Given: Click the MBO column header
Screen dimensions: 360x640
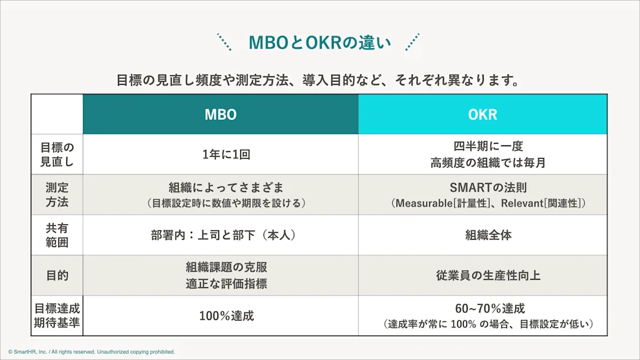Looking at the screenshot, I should pyautogui.click(x=220, y=115).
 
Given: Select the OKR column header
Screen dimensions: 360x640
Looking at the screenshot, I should pyautogui.click(x=483, y=115).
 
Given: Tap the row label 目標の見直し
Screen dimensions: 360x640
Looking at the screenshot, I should pyautogui.click(x=57, y=154).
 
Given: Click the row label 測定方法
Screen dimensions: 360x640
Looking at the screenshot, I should pyautogui.click(x=57, y=194).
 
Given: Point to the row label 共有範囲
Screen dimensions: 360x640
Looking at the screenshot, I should pyautogui.click(x=57, y=235).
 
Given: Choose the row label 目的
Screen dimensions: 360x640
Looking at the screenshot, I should pyautogui.click(x=57, y=275).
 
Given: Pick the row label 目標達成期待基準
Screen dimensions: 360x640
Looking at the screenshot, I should pyautogui.click(x=57, y=315).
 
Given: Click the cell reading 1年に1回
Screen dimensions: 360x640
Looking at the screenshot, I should pyautogui.click(x=220, y=154).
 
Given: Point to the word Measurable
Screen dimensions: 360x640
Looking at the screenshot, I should pyautogui.click(x=427, y=203).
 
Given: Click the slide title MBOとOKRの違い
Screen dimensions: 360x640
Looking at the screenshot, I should pyautogui.click(x=319, y=43).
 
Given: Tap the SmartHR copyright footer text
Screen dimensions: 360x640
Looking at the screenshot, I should pyautogui.click(x=92, y=352).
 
